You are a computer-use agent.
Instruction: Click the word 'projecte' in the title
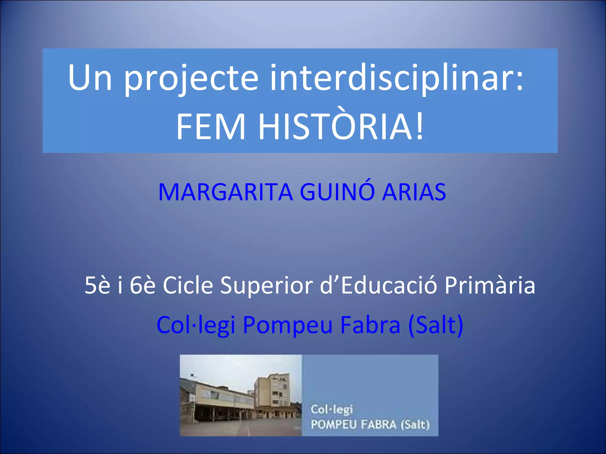(191, 79)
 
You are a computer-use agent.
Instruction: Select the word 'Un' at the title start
(90, 78)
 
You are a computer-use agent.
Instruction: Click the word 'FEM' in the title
(211, 127)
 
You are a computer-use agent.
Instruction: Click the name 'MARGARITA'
(225, 192)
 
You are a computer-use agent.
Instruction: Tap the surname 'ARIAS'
(414, 192)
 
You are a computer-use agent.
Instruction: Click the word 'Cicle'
(188, 286)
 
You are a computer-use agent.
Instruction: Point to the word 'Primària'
(490, 286)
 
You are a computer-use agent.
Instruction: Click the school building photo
(241, 395)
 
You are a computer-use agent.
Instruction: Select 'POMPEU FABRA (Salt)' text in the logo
(370, 425)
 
